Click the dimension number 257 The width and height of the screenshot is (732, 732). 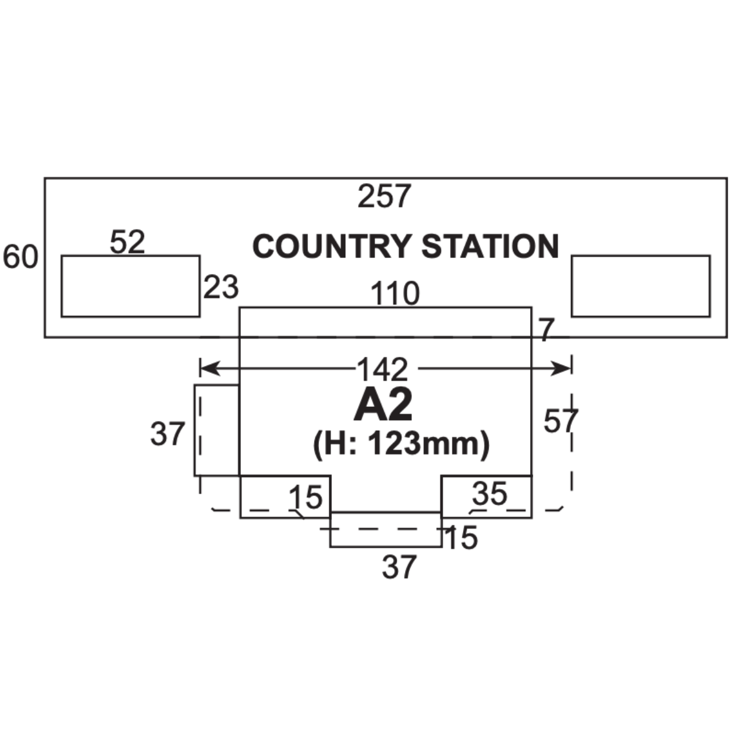pyautogui.click(x=385, y=196)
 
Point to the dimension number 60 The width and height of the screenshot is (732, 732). pyautogui.click(x=20, y=257)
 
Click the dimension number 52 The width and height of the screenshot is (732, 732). pyautogui.click(x=128, y=243)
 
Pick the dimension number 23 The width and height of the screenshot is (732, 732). pyautogui.click(x=221, y=287)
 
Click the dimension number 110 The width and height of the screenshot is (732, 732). pyautogui.click(x=396, y=294)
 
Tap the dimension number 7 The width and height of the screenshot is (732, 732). pyautogui.click(x=546, y=331)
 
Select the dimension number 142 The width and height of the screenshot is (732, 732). pyautogui.click(x=382, y=369)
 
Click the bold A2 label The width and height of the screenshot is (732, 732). pyautogui.click(x=383, y=406)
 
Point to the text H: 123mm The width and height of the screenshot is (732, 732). pyautogui.click(x=401, y=443)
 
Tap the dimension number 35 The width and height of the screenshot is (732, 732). pyautogui.click(x=490, y=494)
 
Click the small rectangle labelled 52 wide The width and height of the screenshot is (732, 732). pyautogui.click(x=131, y=286)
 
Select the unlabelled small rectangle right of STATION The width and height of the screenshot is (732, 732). pyautogui.click(x=640, y=286)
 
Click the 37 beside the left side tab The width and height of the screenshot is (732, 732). pyautogui.click(x=167, y=434)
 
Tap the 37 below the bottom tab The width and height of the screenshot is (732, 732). pyautogui.click(x=400, y=567)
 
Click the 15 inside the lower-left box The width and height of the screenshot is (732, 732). pyautogui.click(x=305, y=498)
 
